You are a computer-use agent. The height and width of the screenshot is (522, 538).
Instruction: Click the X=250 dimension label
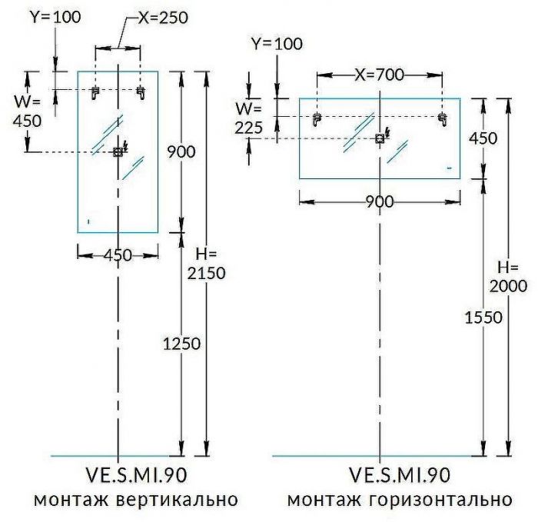[x=163, y=17]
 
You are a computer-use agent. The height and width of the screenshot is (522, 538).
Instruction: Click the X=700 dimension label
[x=379, y=75]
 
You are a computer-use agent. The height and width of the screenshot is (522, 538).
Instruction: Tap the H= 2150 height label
[x=206, y=264]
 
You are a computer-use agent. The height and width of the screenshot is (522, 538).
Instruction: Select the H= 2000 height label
[x=508, y=277]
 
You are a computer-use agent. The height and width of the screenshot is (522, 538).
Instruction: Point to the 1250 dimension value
[x=181, y=344]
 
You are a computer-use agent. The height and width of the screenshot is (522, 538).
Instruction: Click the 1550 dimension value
[x=483, y=318]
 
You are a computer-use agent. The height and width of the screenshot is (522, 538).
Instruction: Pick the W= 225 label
[x=248, y=118]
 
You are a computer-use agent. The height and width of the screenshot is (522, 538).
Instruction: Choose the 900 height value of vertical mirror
[x=181, y=151]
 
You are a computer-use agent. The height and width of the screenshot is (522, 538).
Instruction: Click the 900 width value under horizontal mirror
[x=380, y=201]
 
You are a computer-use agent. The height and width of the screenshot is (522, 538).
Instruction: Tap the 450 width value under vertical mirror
[x=118, y=255]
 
